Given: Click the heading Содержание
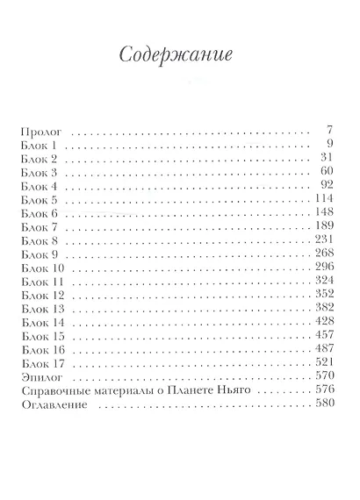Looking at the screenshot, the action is click(x=179, y=54).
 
